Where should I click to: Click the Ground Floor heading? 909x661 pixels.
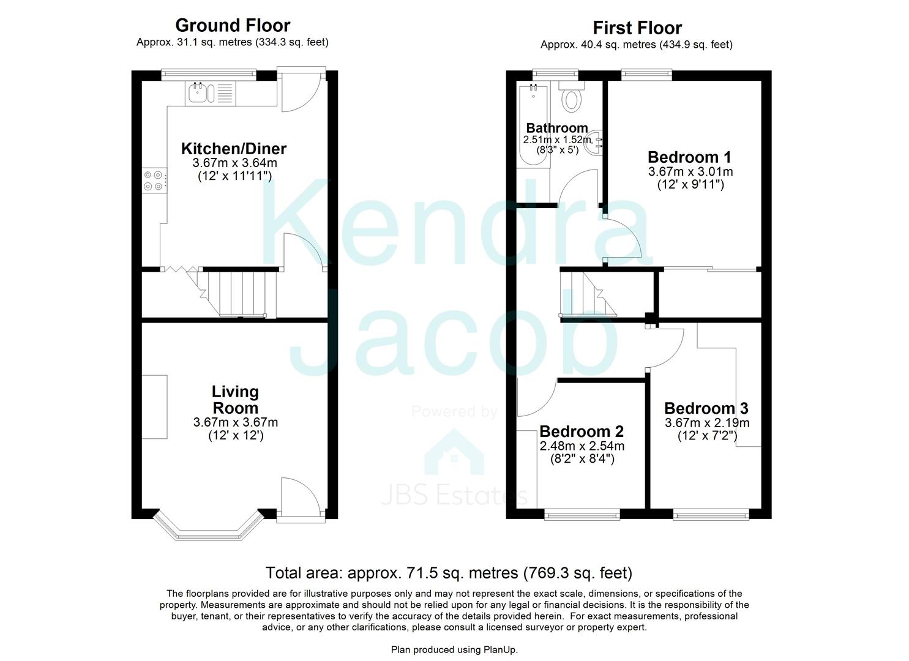(x=233, y=25)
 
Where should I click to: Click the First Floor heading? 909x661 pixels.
(x=637, y=28)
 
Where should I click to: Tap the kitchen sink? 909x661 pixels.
(x=199, y=93)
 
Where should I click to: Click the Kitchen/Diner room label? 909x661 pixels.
(x=233, y=149)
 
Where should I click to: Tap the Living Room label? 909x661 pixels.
(x=235, y=400)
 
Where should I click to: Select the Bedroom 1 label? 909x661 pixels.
(x=689, y=157)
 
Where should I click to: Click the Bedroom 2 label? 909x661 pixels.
(x=582, y=431)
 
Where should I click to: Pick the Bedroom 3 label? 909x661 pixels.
(x=706, y=408)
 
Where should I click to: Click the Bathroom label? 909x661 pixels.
(x=556, y=128)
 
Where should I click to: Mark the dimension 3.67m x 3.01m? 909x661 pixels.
(x=690, y=171)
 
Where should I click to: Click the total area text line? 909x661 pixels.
(x=448, y=573)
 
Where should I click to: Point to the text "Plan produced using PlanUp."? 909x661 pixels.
(x=454, y=649)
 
